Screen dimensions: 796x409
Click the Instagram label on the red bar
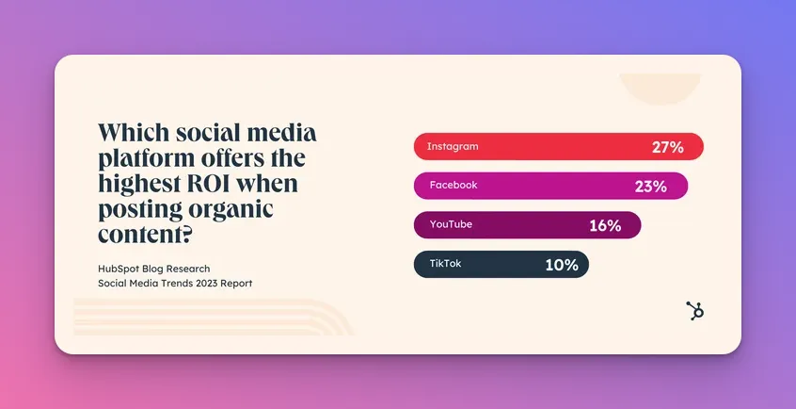pyautogui.click(x=453, y=146)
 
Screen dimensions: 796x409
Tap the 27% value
pyautogui.click(x=667, y=148)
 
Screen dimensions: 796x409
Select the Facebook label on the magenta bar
pyautogui.click(x=454, y=185)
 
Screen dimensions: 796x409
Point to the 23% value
pyautogui.click(x=651, y=187)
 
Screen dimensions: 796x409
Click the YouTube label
pyautogui.click(x=451, y=224)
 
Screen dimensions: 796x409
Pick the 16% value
pyautogui.click(x=605, y=226)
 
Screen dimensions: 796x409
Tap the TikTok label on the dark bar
pyautogui.click(x=445, y=264)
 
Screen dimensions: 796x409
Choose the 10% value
pyautogui.click(x=562, y=265)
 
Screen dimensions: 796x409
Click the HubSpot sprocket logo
pyautogui.click(x=695, y=310)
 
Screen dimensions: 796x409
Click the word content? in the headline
pyautogui.click(x=145, y=234)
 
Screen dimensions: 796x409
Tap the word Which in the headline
pyautogui.click(x=134, y=132)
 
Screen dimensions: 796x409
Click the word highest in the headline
pyautogui.click(x=137, y=184)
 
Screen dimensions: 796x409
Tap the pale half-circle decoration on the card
pyautogui.click(x=660, y=89)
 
